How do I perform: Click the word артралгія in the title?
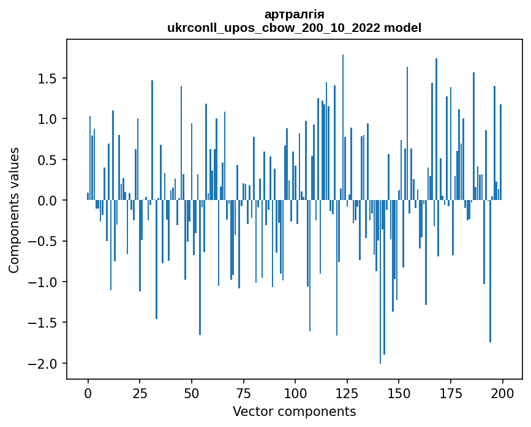click(x=294, y=14)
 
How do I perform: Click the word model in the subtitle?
click(x=403, y=28)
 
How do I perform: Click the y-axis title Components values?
click(x=13, y=210)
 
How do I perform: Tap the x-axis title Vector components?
click(x=294, y=411)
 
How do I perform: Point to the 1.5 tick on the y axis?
click(x=48, y=79)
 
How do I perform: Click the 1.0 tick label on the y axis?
click(x=48, y=119)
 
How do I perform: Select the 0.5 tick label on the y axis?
click(x=48, y=160)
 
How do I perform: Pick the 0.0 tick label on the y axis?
click(x=48, y=201)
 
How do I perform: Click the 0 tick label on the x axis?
click(x=88, y=392)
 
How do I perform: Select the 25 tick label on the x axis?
click(x=140, y=392)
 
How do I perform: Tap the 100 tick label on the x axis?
click(x=295, y=392)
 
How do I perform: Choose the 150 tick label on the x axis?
click(x=399, y=392)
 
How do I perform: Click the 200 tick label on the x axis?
click(x=502, y=392)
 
